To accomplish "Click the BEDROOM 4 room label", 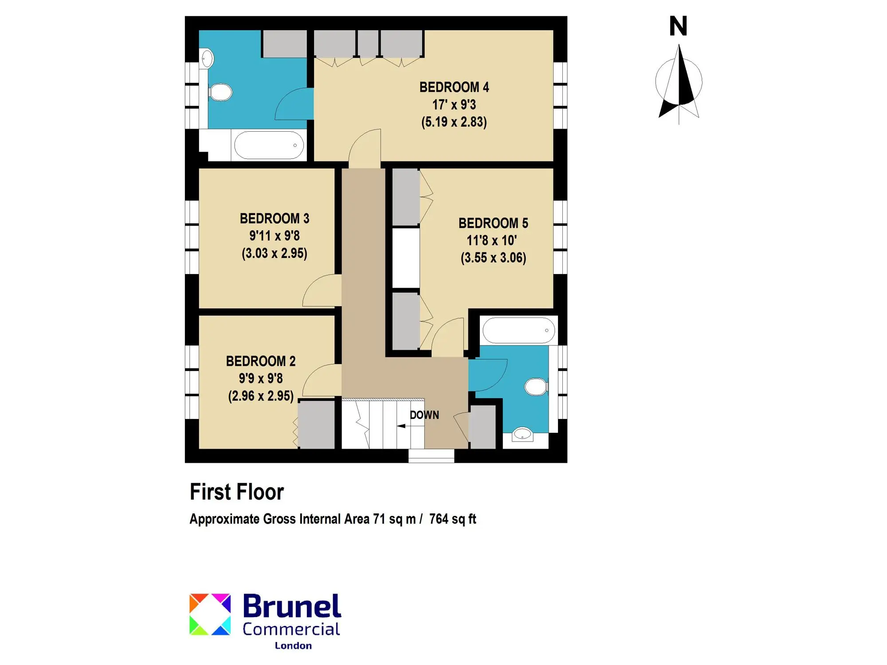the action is pyautogui.click(x=454, y=87).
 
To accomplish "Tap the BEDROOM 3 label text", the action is pyautogui.click(x=275, y=219).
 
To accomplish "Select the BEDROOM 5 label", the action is pyautogui.click(x=493, y=223).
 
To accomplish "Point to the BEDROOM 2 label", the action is pyautogui.click(x=261, y=361).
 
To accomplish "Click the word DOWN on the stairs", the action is pyautogui.click(x=424, y=415).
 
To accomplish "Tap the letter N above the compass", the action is pyautogui.click(x=678, y=26).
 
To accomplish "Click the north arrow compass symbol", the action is pyautogui.click(x=679, y=84).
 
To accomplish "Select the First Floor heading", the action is pyautogui.click(x=237, y=492).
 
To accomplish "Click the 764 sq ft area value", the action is pyautogui.click(x=452, y=519).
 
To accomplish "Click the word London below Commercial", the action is pyautogui.click(x=293, y=646).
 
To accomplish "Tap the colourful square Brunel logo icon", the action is pyautogui.click(x=210, y=614).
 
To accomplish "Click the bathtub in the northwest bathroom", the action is pyautogui.click(x=269, y=145).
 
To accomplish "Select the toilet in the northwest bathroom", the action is pyautogui.click(x=220, y=93).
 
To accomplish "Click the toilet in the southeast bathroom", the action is pyautogui.click(x=537, y=387).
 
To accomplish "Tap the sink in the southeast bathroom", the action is pyautogui.click(x=522, y=434).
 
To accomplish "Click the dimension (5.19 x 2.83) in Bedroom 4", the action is pyautogui.click(x=454, y=122).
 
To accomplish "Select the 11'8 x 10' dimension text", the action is pyautogui.click(x=492, y=241).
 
